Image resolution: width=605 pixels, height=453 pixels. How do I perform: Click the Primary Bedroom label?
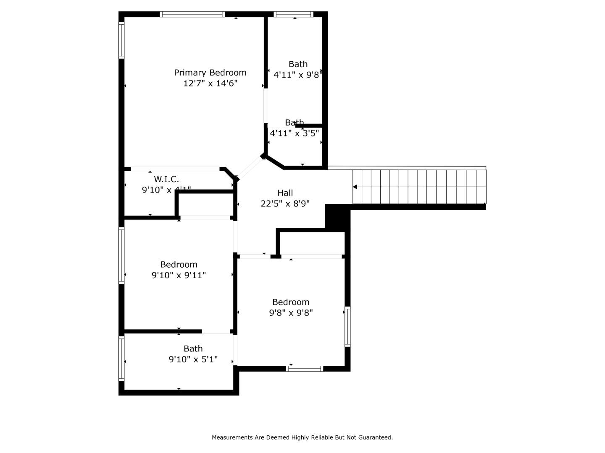(210, 73)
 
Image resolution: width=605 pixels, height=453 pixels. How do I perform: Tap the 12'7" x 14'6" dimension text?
(210, 83)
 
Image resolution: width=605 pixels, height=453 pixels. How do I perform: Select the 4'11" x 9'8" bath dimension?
(297, 75)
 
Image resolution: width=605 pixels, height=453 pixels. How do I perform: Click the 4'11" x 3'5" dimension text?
(294, 133)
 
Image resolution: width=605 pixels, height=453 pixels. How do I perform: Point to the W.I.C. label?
(166, 180)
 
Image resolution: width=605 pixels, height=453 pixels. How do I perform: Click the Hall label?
(285, 193)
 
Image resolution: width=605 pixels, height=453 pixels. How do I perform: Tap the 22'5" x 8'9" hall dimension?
(285, 204)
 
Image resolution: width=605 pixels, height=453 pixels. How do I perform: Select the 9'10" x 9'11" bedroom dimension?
(179, 275)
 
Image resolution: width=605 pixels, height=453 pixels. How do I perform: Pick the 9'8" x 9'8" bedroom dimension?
(291, 313)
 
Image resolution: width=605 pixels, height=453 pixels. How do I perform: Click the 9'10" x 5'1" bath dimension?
(193, 359)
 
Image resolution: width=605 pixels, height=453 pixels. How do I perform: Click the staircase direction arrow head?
(355, 187)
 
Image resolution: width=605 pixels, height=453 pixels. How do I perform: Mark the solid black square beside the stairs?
(337, 217)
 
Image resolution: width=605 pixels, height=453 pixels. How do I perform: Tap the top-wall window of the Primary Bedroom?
(192, 14)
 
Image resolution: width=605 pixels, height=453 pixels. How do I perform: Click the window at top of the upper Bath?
(293, 14)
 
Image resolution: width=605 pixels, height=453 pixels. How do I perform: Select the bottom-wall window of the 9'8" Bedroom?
(305, 369)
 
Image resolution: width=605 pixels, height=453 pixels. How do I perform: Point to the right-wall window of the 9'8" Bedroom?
(347, 327)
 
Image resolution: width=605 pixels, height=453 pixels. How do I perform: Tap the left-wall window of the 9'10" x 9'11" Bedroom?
(121, 255)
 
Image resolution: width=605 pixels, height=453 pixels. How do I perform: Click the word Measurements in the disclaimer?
(232, 437)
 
